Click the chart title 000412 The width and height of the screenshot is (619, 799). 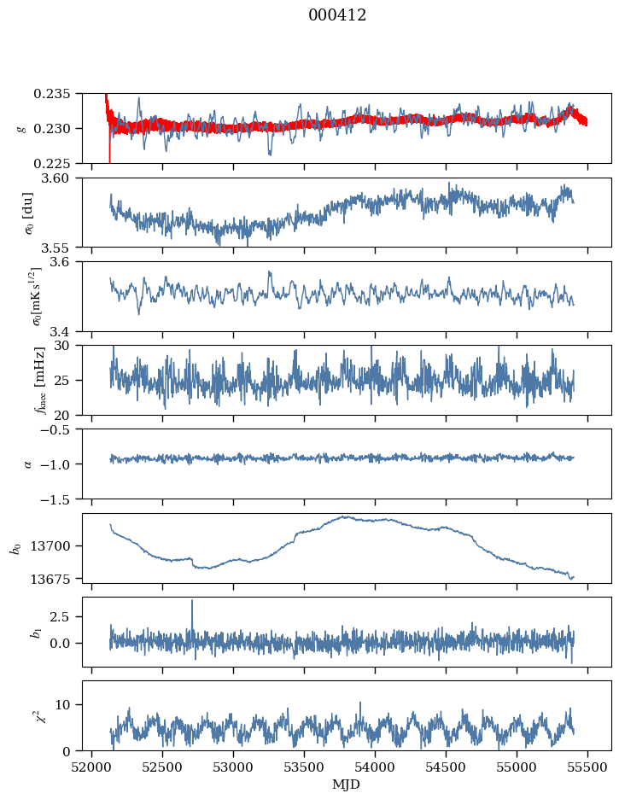[337, 15]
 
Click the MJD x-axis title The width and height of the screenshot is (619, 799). [347, 784]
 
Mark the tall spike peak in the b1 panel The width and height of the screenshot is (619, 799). [192, 600]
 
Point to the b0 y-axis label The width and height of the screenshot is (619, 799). [15, 547]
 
